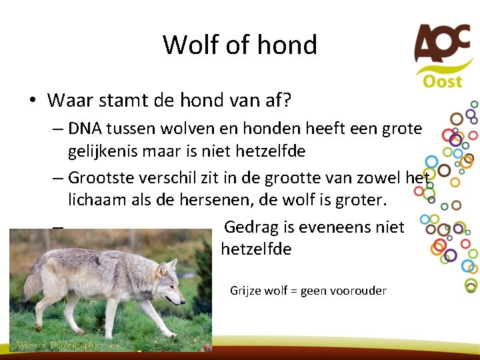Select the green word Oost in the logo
[442, 81]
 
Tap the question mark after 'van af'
[287, 101]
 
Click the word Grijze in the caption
[245, 291]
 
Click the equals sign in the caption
[293, 291]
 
